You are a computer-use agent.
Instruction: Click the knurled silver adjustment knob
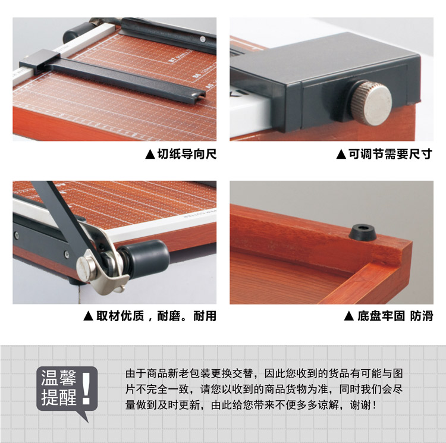[x=371, y=103]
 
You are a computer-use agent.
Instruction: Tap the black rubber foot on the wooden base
[x=362, y=232]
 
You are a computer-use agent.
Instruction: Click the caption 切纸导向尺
[x=187, y=154]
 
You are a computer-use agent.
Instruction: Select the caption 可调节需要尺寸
[x=390, y=154]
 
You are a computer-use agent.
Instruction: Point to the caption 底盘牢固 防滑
[x=395, y=316]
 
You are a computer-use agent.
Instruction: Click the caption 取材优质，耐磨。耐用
[x=156, y=316]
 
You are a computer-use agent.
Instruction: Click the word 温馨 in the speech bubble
[x=59, y=378]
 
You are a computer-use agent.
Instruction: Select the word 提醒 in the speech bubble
[x=59, y=397]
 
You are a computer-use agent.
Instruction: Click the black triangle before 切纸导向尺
[x=150, y=155]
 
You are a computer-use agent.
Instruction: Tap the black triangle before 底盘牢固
[x=349, y=316]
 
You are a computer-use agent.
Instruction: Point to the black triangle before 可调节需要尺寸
[x=341, y=155]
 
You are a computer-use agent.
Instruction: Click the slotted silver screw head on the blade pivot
[x=86, y=266]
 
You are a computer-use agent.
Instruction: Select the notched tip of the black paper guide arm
[x=200, y=95]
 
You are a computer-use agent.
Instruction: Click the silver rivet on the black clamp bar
[x=203, y=39]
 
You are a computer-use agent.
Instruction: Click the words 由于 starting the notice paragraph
[x=136, y=373]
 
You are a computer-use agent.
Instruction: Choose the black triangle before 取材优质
[x=89, y=316]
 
